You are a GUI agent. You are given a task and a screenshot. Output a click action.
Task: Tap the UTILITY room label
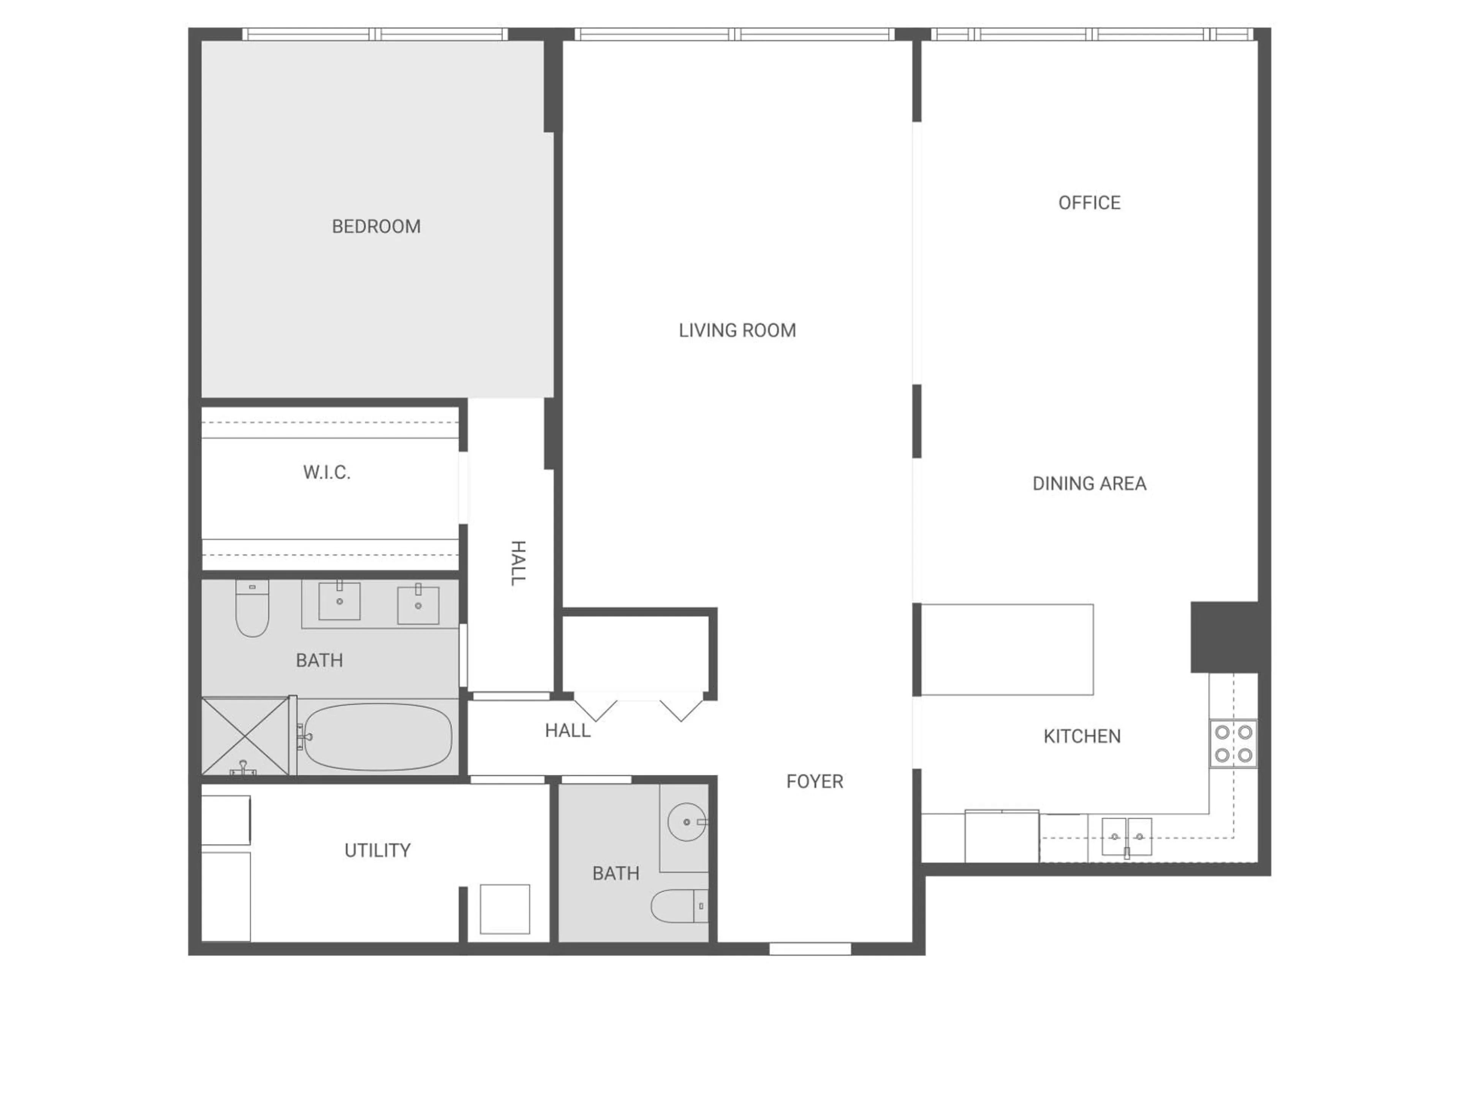tap(377, 851)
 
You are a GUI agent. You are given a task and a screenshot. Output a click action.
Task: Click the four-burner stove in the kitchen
tap(1233, 743)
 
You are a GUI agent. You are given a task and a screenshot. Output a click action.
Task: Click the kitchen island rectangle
tap(1006, 650)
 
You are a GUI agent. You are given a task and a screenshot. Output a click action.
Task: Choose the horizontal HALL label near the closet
tap(567, 730)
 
